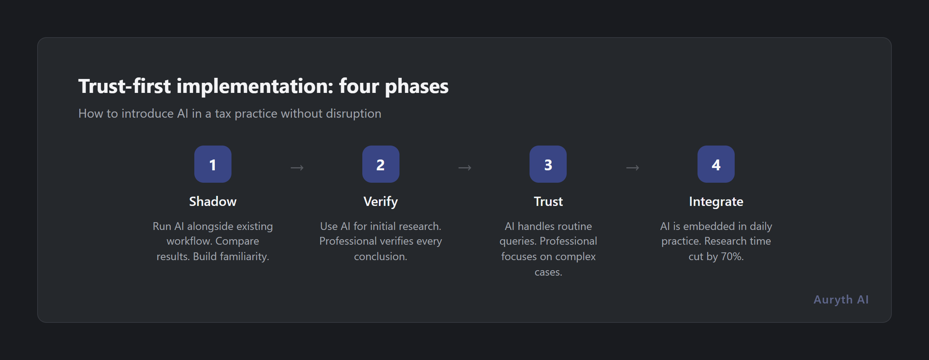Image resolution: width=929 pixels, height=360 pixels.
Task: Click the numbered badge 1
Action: pyautogui.click(x=213, y=164)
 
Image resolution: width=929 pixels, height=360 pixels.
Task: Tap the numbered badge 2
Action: pyautogui.click(x=381, y=164)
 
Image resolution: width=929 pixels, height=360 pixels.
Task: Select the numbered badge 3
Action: pyautogui.click(x=548, y=164)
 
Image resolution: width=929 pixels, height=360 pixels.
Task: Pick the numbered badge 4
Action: pyautogui.click(x=716, y=164)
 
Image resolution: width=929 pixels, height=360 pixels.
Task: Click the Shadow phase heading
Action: pyautogui.click(x=213, y=202)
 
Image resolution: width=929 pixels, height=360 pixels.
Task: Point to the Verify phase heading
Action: pyautogui.click(x=381, y=202)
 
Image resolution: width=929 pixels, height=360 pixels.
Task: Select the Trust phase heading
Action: pyautogui.click(x=548, y=202)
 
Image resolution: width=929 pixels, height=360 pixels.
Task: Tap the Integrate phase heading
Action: pyautogui.click(x=716, y=202)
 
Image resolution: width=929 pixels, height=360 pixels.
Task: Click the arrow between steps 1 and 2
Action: pyautogui.click(x=297, y=168)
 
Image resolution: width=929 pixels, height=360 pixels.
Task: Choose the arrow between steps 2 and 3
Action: pyautogui.click(x=464, y=168)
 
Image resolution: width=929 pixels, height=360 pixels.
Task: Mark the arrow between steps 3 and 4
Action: pyautogui.click(x=632, y=168)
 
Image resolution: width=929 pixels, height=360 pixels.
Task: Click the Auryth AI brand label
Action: pyautogui.click(x=841, y=300)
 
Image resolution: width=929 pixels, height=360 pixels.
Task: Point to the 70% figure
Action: pyautogui.click(x=732, y=257)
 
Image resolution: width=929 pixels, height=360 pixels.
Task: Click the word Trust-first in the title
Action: pyautogui.click(x=124, y=86)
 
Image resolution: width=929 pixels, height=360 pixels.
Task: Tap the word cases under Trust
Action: pyautogui.click(x=548, y=272)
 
